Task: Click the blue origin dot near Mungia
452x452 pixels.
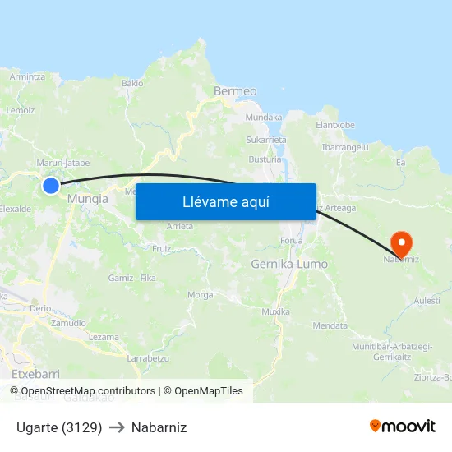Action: point(51,186)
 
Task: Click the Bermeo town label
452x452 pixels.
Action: point(235,91)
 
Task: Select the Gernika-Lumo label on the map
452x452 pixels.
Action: point(288,265)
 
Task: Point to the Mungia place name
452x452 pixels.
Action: point(88,199)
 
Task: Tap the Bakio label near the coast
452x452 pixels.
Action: point(132,83)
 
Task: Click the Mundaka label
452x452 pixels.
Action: point(264,118)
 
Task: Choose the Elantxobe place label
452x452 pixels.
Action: point(335,125)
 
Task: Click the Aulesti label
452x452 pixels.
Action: point(427,302)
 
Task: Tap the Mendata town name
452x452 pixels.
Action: point(330,325)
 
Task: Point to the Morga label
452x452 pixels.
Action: point(201,295)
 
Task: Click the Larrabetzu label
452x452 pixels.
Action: point(148,358)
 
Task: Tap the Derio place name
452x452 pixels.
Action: point(40,309)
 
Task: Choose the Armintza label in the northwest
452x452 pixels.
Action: point(27,76)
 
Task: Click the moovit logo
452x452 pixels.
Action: point(402,426)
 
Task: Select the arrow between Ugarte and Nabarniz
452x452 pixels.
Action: point(117,428)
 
